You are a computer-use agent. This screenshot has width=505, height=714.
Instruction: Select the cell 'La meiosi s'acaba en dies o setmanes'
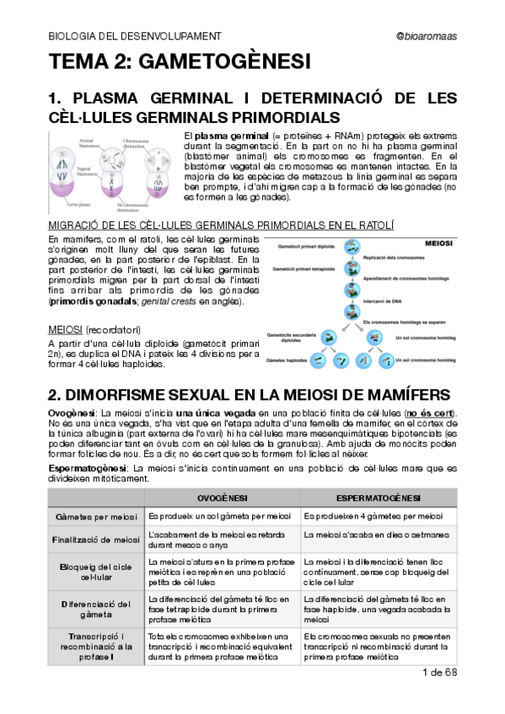pyautogui.click(x=372, y=534)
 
